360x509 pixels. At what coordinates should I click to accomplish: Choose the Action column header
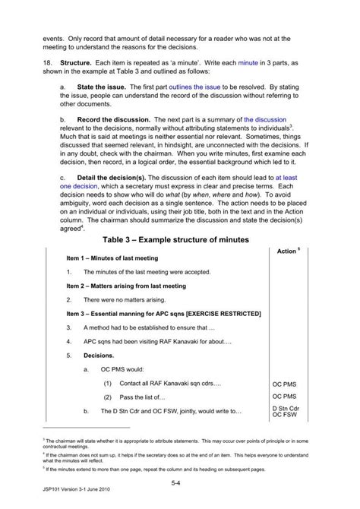coord(288,251)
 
